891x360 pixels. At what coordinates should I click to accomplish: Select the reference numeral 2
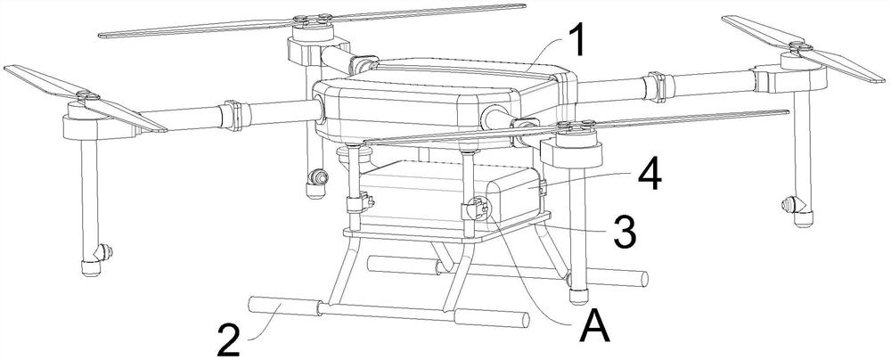229,339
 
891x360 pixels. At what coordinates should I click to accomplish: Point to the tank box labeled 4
449,194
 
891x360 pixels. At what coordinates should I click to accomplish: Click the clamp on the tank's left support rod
358,202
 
